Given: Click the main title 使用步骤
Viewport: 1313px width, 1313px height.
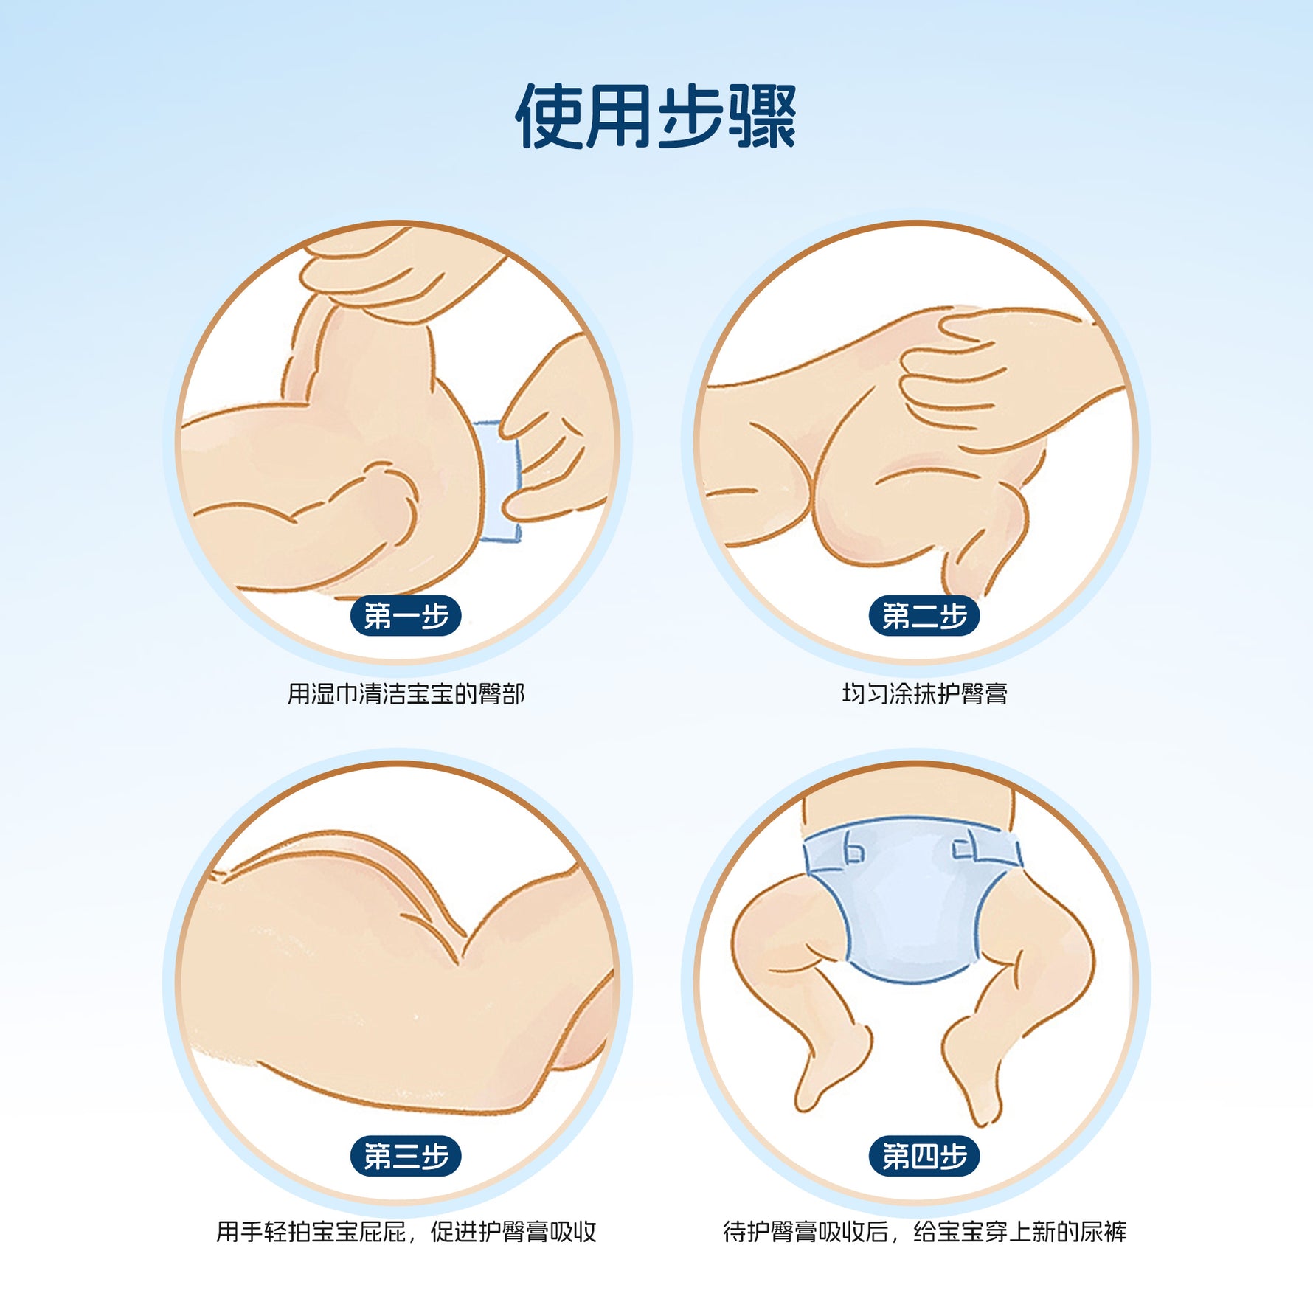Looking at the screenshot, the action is (x=656, y=116).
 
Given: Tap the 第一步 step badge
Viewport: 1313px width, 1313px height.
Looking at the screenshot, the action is (x=406, y=616).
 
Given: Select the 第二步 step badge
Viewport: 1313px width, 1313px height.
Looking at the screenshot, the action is (x=924, y=616).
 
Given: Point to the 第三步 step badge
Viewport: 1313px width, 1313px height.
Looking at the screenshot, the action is (x=406, y=1156).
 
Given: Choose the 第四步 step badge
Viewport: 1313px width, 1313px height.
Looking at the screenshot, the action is (x=924, y=1156).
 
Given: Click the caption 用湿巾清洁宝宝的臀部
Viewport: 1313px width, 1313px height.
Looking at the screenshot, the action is (x=406, y=694).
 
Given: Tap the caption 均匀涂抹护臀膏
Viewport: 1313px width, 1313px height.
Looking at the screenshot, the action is (x=924, y=694).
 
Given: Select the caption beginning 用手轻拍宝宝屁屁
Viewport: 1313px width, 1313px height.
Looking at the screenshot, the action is (x=406, y=1232).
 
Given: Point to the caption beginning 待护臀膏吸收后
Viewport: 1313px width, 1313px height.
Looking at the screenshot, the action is (x=924, y=1232).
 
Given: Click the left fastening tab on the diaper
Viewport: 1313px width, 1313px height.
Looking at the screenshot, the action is (x=853, y=848).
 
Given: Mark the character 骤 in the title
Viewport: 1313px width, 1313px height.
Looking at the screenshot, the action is (x=763, y=116).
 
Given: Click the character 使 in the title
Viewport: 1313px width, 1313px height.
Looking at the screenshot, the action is (x=549, y=116).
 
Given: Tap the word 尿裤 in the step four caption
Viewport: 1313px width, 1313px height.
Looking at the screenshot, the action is (x=1104, y=1232).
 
